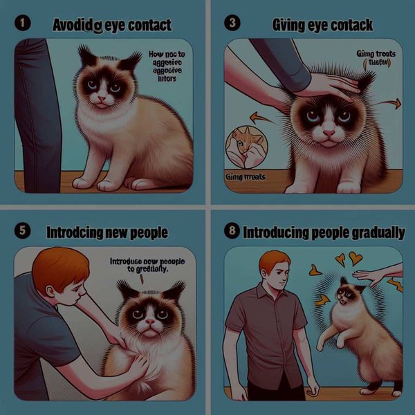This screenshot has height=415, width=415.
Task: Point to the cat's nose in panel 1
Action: (102, 99)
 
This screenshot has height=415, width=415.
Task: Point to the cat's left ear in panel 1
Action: (86, 55)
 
